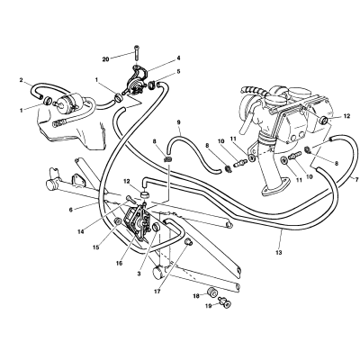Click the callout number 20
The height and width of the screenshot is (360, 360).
click(x=105, y=59)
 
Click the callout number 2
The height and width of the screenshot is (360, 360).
click(x=21, y=80)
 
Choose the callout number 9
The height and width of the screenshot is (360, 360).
click(x=178, y=122)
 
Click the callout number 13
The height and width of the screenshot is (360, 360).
click(x=279, y=253)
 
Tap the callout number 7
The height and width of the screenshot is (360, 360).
click(x=356, y=180)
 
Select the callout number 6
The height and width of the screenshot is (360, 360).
click(x=71, y=210)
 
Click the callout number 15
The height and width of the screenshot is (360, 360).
click(x=96, y=247)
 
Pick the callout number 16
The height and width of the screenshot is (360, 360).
click(x=119, y=263)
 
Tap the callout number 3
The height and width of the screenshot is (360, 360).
click(x=139, y=274)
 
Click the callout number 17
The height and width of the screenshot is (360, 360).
click(x=157, y=292)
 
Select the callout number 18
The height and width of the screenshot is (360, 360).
click(x=196, y=296)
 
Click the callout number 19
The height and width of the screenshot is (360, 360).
click(x=209, y=306)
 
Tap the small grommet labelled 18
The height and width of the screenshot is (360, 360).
click(x=212, y=292)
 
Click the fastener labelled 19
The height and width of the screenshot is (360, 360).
click(x=225, y=302)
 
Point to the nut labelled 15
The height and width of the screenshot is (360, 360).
click(x=118, y=222)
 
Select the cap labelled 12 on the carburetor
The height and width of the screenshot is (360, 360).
click(x=324, y=121)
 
